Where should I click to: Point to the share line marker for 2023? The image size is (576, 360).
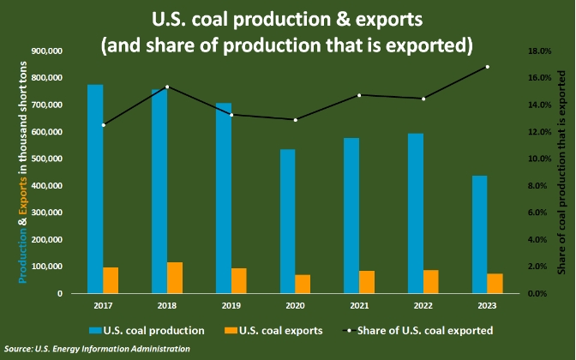pos(487,67)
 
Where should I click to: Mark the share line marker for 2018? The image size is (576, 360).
pos(167,87)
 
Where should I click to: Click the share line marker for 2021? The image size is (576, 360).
pos(359,95)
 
